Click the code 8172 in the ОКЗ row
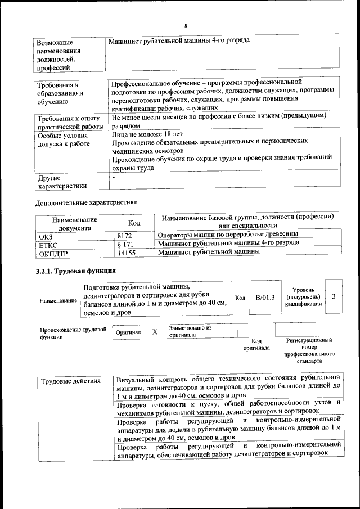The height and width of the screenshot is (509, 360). [125, 235]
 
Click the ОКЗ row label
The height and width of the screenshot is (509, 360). [44, 236]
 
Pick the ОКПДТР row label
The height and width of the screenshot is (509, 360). [52, 254]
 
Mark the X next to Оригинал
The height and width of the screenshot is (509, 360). [155, 332]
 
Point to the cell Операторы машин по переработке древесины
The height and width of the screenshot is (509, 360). [228, 234]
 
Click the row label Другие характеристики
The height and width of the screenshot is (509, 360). [62, 181]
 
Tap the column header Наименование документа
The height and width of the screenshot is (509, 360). [74, 224]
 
